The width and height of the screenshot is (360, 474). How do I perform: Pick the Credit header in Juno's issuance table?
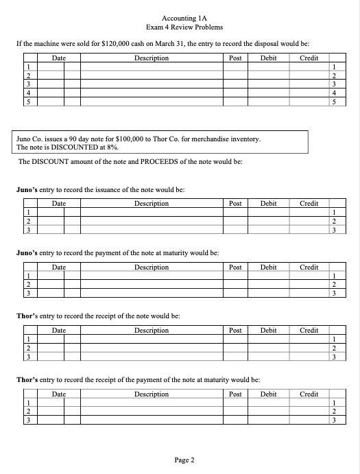coord(309,204)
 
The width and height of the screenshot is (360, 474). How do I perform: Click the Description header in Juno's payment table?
coord(152,267)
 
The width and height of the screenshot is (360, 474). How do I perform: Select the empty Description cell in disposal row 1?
coord(152,68)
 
